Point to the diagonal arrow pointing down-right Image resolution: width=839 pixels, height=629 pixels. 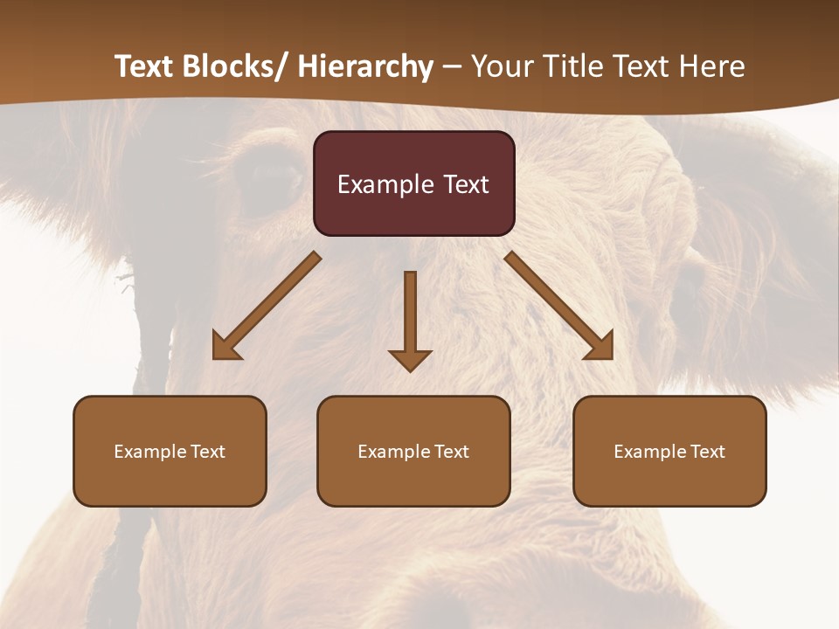559,306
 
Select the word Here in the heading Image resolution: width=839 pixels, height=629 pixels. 713,66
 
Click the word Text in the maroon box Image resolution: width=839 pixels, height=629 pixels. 466,184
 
